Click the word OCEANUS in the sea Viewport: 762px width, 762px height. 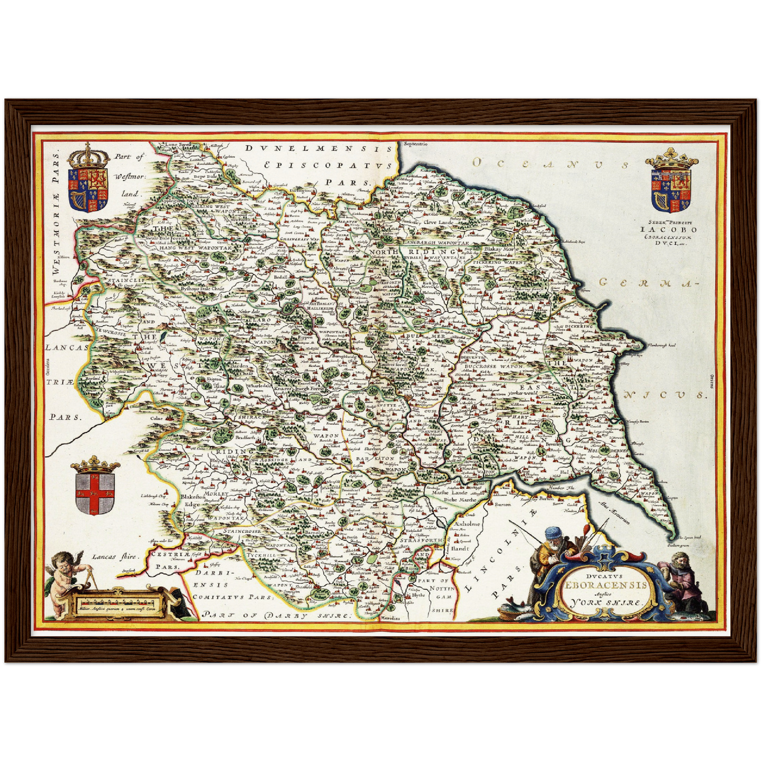click(551, 164)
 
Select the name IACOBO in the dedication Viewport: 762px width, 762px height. click(668, 229)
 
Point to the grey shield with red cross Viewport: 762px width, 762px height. click(95, 493)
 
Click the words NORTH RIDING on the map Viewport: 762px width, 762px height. click(414, 253)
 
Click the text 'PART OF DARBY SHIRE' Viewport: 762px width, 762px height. click(277, 615)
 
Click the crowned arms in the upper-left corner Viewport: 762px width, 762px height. click(88, 179)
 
